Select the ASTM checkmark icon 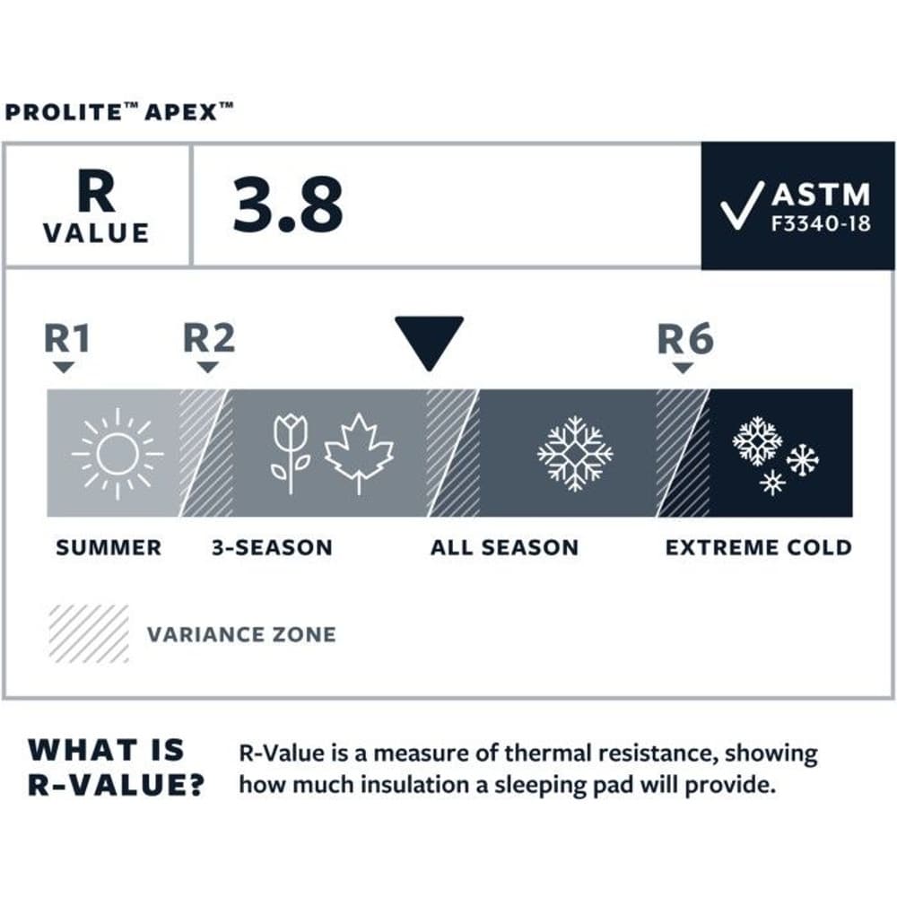click(741, 206)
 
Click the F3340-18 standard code click(820, 224)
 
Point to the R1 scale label click(67, 340)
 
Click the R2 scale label click(208, 340)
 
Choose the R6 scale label click(684, 340)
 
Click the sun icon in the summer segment click(118, 453)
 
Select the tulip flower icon click(290, 453)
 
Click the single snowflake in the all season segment click(575, 453)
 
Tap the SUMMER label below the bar click(109, 547)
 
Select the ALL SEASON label click(504, 547)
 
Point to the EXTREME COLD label click(758, 547)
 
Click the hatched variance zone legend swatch click(89, 633)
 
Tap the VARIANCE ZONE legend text click(241, 634)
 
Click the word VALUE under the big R click(96, 233)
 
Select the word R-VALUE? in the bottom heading click(116, 783)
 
